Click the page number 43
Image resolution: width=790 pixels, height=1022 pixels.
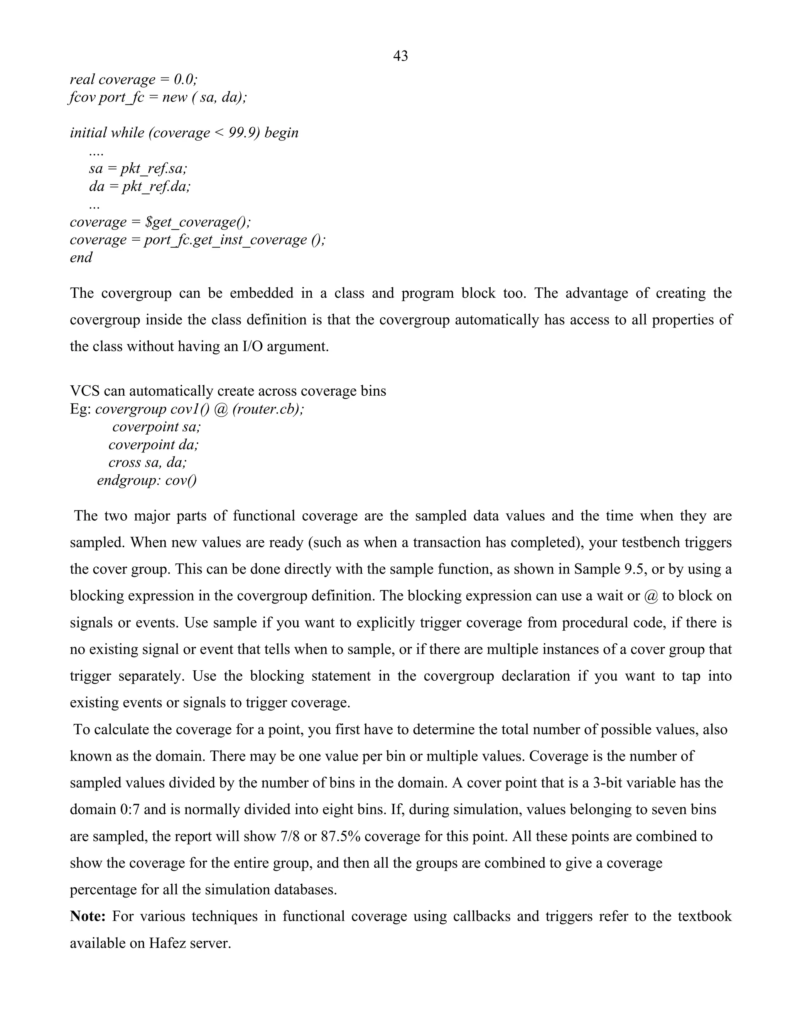[x=401, y=56]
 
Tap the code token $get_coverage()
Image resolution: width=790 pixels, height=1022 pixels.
[x=198, y=222]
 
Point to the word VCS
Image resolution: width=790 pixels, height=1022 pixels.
[x=84, y=391]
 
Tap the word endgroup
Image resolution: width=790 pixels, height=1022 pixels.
[x=122, y=480]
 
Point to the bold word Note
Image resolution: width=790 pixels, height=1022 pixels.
[x=88, y=916]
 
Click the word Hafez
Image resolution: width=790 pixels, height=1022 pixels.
[x=167, y=943]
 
